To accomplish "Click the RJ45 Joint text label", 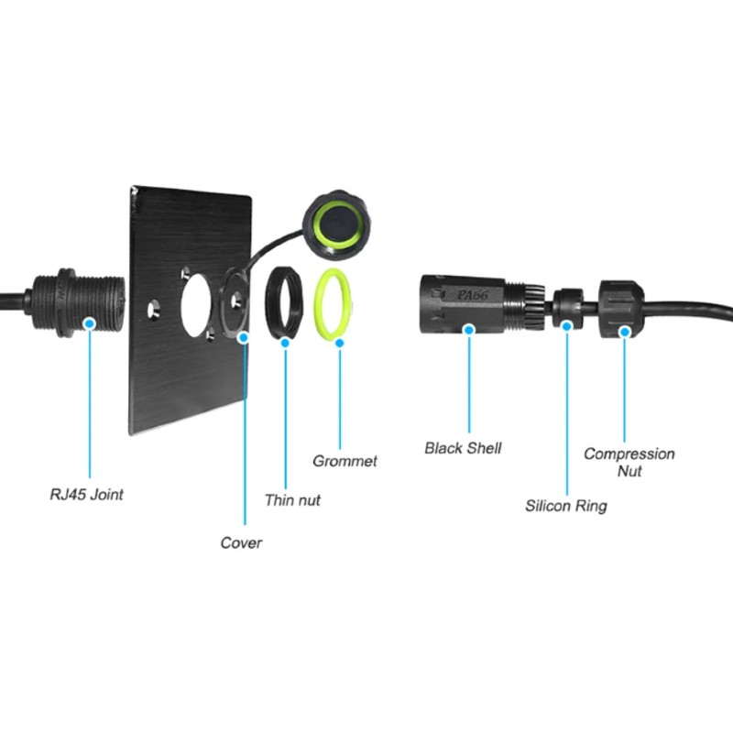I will [x=85, y=495].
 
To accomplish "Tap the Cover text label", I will [x=241, y=542].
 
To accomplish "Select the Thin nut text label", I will [x=292, y=500].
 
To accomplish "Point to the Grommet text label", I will [x=345, y=461].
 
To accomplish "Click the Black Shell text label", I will [x=463, y=448].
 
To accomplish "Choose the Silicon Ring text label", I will [x=565, y=505].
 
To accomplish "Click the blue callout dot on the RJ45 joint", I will [x=91, y=323].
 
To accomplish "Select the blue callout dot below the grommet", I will [x=339, y=344].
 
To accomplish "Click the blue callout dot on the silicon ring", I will [x=567, y=325].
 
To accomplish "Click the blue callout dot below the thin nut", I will [x=286, y=344].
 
